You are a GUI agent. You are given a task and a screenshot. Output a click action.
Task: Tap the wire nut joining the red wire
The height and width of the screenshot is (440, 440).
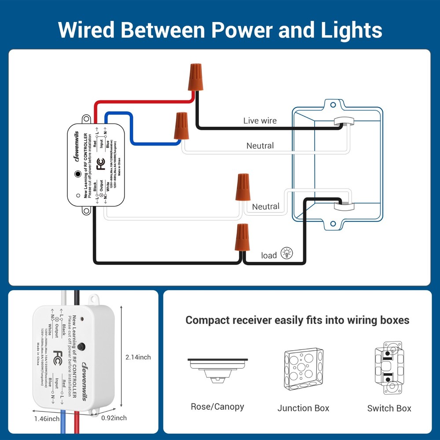(195, 77)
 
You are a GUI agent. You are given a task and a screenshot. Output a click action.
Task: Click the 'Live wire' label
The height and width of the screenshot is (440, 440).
(260, 121)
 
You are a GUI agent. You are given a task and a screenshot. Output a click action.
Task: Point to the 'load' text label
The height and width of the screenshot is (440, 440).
(269, 255)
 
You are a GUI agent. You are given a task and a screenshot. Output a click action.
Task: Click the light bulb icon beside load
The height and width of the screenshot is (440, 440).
(286, 253)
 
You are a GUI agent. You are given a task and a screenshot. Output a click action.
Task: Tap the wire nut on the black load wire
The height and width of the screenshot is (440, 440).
(242, 238)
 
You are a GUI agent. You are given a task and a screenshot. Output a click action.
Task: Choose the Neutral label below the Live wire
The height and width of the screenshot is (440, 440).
(260, 146)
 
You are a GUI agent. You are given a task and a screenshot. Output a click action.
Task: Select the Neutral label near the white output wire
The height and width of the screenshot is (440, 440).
(266, 206)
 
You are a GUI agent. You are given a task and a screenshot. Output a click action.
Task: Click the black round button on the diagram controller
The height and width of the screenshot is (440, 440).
(78, 174)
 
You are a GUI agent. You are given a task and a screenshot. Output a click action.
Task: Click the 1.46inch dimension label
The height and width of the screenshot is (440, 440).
(47, 418)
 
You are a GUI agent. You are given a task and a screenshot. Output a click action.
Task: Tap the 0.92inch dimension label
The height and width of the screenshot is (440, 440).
(114, 418)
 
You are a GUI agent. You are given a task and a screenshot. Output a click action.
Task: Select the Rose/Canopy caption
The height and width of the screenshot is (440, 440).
(217, 407)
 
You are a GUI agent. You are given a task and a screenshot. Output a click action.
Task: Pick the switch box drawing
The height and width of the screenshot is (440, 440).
(389, 367)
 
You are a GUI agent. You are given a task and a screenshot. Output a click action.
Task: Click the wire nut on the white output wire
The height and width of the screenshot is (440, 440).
(242, 187)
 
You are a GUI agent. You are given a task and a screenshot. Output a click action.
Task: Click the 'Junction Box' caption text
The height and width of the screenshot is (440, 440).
(303, 408)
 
